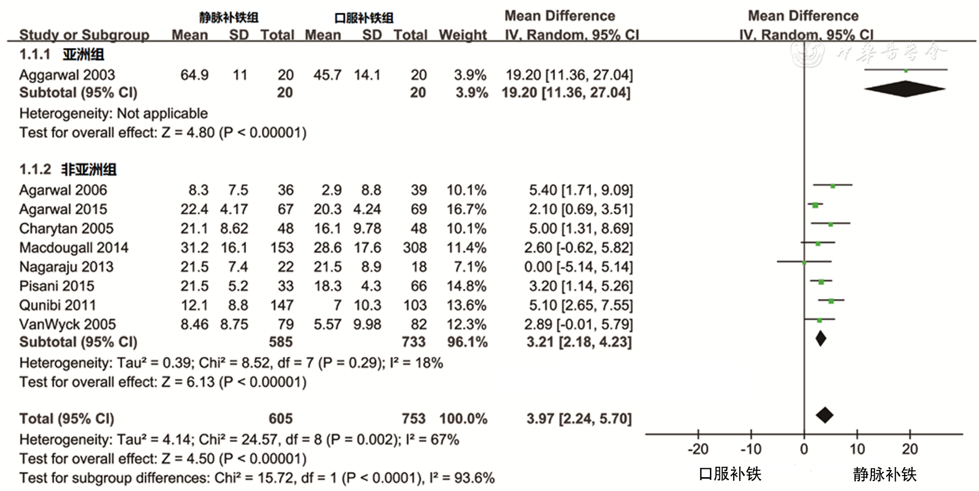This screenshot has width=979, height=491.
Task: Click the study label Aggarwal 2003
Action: click(67, 75)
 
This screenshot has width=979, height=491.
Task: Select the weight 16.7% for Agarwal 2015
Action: click(466, 209)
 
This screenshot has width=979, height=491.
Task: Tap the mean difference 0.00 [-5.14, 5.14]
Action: click(578, 267)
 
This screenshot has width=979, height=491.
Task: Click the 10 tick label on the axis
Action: click(857, 448)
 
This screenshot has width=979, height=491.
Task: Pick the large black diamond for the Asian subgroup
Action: click(905, 89)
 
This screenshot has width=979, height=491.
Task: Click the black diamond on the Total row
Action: click(824, 415)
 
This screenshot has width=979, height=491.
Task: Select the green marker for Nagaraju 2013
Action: click(804, 262)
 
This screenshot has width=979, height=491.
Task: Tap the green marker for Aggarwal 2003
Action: click(906, 71)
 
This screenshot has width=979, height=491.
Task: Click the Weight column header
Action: click(462, 35)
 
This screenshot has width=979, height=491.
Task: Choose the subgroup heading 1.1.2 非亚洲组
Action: click(67, 169)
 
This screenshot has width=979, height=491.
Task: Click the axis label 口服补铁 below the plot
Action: click(730, 473)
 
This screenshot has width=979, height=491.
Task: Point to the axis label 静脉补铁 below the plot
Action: click(884, 473)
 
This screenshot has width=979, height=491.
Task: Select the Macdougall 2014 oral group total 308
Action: click(414, 247)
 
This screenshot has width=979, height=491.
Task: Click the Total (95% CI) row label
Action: click(66, 419)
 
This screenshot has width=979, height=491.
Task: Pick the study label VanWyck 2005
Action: click(67, 324)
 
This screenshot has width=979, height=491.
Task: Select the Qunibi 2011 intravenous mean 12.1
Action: click(194, 305)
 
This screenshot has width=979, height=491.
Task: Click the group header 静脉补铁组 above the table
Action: click(229, 18)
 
